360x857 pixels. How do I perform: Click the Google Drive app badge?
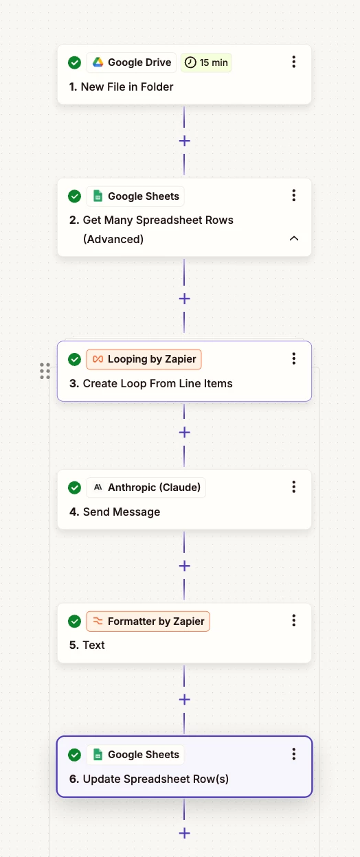pos(131,62)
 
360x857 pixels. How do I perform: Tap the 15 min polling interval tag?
pos(206,62)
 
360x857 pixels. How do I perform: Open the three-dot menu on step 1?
pos(294,62)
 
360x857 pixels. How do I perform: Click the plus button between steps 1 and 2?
pos(184,141)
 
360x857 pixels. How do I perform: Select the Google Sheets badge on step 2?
pos(135,196)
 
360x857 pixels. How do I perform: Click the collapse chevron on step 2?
pos(294,238)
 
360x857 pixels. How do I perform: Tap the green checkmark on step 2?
pos(75,196)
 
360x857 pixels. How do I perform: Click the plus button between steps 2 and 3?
pos(184,299)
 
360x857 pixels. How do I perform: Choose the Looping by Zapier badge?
pos(144,359)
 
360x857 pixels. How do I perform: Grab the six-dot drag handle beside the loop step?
pos(45,371)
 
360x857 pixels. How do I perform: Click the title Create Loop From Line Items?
pos(157,383)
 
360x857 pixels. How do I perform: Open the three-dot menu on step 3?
pos(294,358)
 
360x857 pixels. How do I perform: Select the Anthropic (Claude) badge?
pos(146,488)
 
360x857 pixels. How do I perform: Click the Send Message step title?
pos(122,512)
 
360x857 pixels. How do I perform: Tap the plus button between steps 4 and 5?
pos(184,566)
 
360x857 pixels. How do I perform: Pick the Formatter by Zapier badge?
pos(148,621)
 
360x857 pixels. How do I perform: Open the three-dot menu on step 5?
pos(294,620)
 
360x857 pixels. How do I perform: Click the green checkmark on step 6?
pos(75,755)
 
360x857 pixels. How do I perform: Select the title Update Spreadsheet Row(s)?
pos(156,779)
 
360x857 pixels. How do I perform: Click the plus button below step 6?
pos(184,833)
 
